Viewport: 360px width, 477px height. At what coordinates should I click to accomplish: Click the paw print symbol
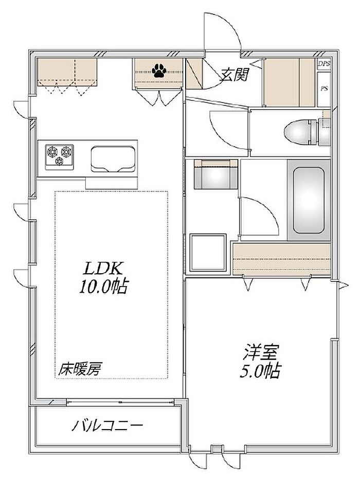159,70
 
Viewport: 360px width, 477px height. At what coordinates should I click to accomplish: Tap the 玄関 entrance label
235,74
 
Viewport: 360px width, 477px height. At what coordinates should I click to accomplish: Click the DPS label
324,64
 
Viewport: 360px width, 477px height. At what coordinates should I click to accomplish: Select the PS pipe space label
324,89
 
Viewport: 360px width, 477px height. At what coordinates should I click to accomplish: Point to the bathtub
308,200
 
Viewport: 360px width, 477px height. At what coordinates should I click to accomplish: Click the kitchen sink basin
113,159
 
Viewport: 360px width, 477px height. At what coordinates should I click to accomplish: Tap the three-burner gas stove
59,156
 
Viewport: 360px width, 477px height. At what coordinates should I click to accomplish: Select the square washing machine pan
208,252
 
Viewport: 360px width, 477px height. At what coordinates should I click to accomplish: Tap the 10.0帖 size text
104,286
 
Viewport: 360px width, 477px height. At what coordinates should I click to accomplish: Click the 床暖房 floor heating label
80,369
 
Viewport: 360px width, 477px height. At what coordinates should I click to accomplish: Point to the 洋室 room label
260,351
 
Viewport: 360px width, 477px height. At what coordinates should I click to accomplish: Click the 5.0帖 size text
260,370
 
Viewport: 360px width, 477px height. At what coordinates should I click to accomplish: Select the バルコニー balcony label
107,425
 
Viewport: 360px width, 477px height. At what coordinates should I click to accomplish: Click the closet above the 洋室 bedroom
281,259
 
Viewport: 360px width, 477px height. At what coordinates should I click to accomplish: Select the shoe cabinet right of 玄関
289,82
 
